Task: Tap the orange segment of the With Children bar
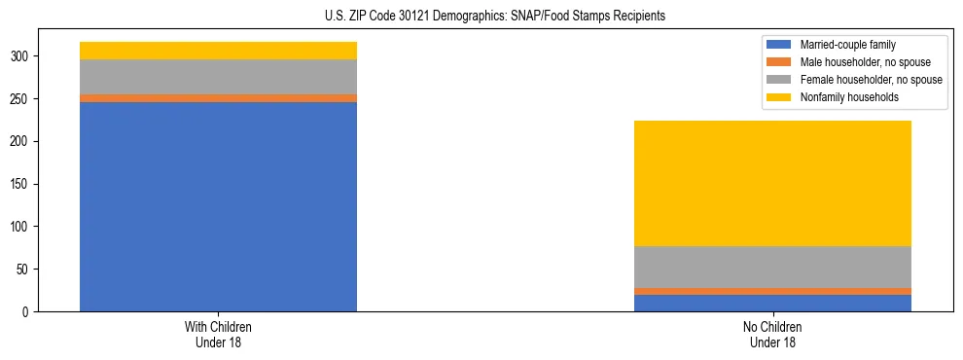[218, 98]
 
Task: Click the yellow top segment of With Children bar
[218, 51]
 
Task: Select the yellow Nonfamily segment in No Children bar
[772, 183]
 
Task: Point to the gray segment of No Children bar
[772, 267]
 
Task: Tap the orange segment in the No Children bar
[772, 291]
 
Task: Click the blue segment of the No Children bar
[772, 303]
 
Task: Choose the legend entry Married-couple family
[847, 45]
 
